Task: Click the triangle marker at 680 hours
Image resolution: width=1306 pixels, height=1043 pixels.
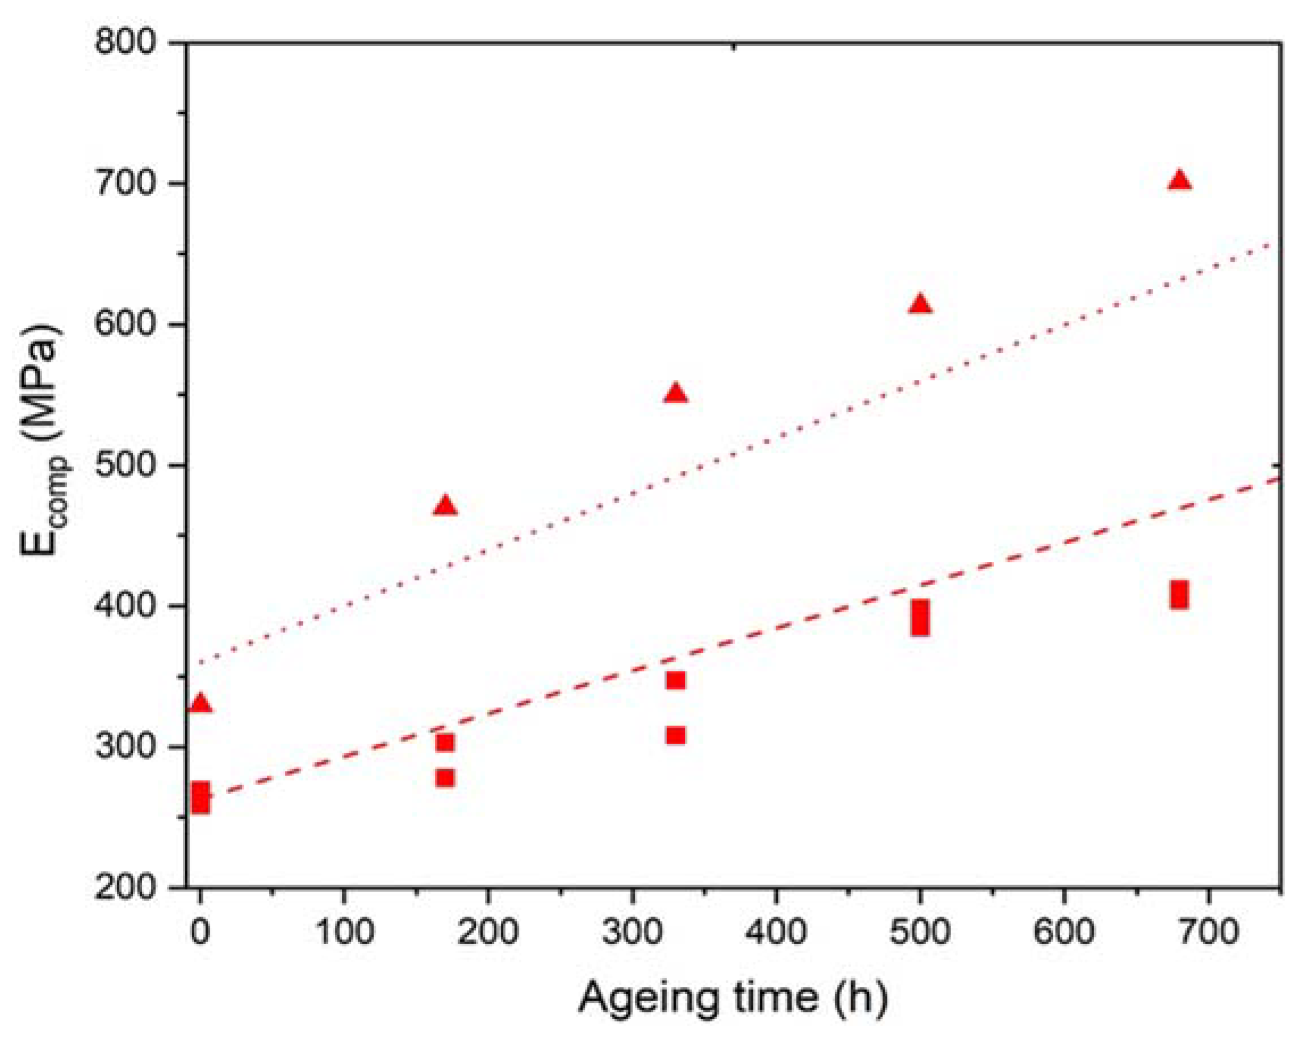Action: click(1179, 181)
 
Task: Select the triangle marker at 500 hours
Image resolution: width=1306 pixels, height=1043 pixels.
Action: click(919, 304)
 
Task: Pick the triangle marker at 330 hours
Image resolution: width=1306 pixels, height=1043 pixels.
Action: click(676, 394)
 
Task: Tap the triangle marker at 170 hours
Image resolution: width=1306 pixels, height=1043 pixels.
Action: click(445, 506)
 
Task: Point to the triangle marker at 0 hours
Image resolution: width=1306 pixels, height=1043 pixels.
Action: click(200, 704)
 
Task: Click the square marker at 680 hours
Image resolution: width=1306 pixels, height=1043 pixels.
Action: click(1179, 595)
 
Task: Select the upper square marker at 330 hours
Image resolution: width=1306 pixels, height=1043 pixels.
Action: click(675, 680)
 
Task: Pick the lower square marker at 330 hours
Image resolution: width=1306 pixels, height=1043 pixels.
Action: click(675, 735)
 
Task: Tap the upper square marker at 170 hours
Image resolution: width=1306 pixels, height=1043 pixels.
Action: click(445, 742)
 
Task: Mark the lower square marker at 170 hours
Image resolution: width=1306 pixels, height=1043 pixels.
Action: click(445, 778)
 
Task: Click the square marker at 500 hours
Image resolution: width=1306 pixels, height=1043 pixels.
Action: click(919, 618)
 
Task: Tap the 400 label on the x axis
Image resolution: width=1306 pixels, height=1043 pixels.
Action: click(775, 931)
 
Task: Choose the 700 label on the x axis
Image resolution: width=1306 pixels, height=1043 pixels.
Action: click(1208, 931)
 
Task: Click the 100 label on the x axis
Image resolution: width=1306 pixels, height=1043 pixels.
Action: click(344, 931)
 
